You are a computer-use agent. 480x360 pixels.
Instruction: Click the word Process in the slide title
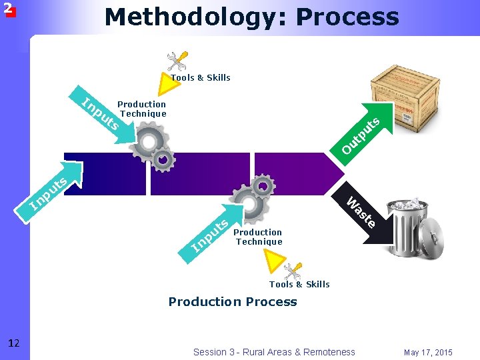pos(347,17)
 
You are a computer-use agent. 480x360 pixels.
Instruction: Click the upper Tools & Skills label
pos(201,78)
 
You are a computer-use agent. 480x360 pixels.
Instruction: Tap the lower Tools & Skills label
pos(299,285)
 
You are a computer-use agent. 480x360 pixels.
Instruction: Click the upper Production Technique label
pos(142,109)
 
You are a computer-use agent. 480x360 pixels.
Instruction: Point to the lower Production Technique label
pos(259,237)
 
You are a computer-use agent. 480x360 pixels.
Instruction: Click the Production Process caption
pos(233,302)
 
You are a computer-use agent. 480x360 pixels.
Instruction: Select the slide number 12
pos(14,343)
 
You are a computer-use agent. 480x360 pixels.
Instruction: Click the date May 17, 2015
pos(427,352)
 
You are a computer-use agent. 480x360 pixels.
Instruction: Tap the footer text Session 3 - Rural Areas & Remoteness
pos(274,352)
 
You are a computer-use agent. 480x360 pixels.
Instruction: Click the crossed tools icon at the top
pos(177,61)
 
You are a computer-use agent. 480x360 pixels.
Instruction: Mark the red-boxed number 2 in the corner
pos(8,9)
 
